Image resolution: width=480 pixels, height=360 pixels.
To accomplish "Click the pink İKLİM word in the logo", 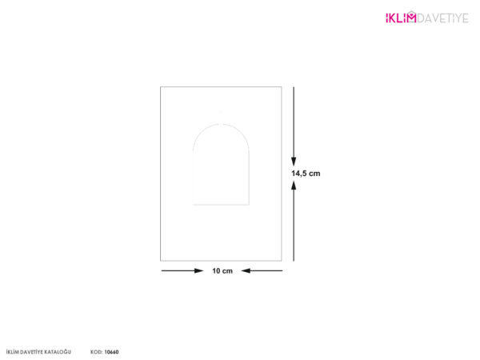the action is pos(401,18).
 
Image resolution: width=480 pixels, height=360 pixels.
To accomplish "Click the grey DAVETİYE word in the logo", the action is pos(442,18).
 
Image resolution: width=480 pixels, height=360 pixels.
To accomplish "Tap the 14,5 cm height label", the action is pos(306,174).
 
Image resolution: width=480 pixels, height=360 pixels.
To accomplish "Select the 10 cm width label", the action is pos(222,271).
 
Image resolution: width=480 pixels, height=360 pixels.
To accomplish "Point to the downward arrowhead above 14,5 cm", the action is pos(294,162).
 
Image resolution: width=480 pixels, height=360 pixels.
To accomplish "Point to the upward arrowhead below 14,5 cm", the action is pos(294,186).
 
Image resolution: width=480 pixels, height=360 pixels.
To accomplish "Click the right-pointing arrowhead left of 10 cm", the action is pos(199,270).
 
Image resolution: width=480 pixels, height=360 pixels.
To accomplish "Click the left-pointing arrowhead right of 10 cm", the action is pos(246,270).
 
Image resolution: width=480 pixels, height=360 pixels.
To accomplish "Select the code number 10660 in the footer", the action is pos(111,352).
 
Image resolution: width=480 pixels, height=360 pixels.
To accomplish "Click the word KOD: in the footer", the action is pos(97,352).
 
